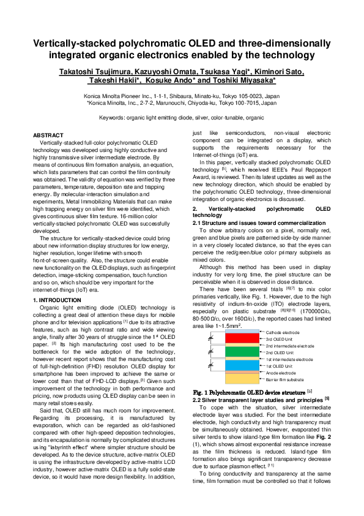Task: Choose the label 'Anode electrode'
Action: (x=281, y=373)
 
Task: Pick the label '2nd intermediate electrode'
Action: (x=290, y=346)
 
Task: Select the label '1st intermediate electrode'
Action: (x=289, y=359)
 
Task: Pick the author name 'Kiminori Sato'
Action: (x=278, y=72)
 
